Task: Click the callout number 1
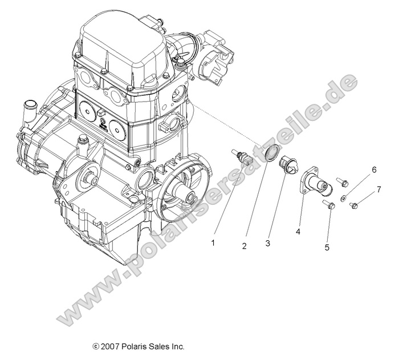(213, 242)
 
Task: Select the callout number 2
(243, 246)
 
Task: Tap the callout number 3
(267, 244)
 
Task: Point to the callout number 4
(297, 231)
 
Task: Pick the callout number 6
(374, 170)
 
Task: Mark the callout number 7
(378, 189)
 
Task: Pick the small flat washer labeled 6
(343, 198)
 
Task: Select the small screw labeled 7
(353, 204)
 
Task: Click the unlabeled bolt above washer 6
(342, 183)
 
